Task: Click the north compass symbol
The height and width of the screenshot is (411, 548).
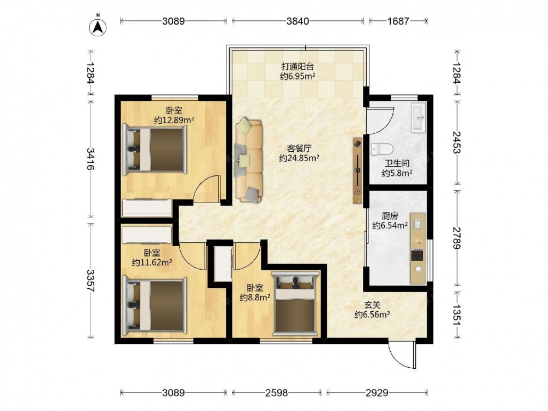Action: (x=98, y=26)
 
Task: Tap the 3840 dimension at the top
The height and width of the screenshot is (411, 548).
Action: (x=298, y=21)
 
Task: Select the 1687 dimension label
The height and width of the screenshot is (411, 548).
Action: (x=398, y=21)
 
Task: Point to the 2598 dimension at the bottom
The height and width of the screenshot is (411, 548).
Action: (x=276, y=393)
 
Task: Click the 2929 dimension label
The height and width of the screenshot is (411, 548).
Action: (x=377, y=393)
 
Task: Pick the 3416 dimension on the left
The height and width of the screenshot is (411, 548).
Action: (x=90, y=159)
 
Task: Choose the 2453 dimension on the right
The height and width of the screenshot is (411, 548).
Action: (x=456, y=142)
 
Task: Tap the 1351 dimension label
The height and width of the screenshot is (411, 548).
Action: (x=456, y=315)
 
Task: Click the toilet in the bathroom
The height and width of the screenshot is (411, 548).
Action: (x=381, y=149)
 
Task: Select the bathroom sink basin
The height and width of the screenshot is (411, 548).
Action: (x=418, y=117)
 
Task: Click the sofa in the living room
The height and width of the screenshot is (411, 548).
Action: (x=248, y=161)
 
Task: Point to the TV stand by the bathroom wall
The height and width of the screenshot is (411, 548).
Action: (x=358, y=171)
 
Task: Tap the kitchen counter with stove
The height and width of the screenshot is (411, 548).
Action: (x=418, y=248)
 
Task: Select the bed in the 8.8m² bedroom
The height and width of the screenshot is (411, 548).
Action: (x=296, y=302)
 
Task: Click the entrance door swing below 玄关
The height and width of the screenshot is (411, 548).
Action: (x=402, y=353)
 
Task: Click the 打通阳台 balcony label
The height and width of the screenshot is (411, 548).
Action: (x=298, y=66)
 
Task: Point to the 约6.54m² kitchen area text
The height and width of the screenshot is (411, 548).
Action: (x=390, y=225)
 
